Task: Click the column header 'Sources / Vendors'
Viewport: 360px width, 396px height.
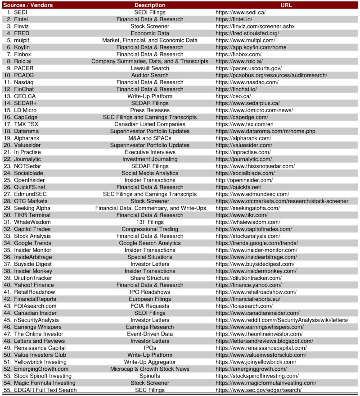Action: click(27, 5)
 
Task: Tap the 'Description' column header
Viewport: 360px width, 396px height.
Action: click(150, 5)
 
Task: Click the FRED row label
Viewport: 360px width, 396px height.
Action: click(21, 33)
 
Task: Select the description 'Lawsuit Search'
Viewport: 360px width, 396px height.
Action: click(150, 68)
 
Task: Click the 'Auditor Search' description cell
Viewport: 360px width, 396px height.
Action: click(150, 75)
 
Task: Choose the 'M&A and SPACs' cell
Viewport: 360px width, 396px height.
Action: click(150, 138)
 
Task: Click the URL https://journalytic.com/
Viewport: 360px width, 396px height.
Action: click(243, 159)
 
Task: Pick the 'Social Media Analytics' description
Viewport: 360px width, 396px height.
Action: click(150, 173)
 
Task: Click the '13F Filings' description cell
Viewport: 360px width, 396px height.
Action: click(150, 222)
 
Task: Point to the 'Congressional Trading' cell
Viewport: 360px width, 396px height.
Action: click(150, 229)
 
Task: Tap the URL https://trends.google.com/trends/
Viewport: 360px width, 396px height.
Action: click(256, 243)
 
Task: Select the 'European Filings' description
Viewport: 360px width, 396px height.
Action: click(150, 299)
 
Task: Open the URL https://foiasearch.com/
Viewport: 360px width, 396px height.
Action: click(244, 306)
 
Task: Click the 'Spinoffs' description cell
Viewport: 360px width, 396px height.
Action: click(150, 376)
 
